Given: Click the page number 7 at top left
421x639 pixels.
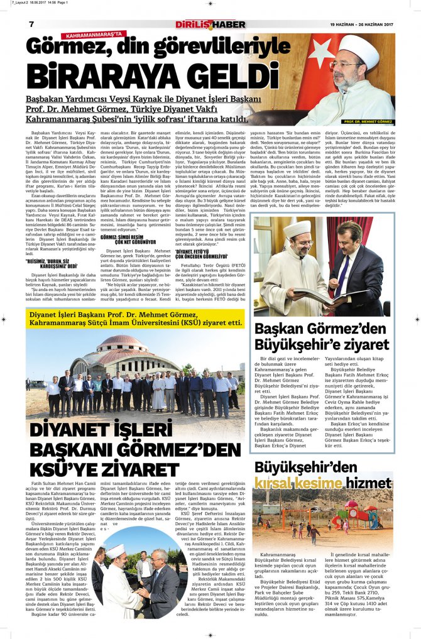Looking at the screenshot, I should (31, 24).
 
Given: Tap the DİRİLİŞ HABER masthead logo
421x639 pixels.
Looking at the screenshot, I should (210, 25).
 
